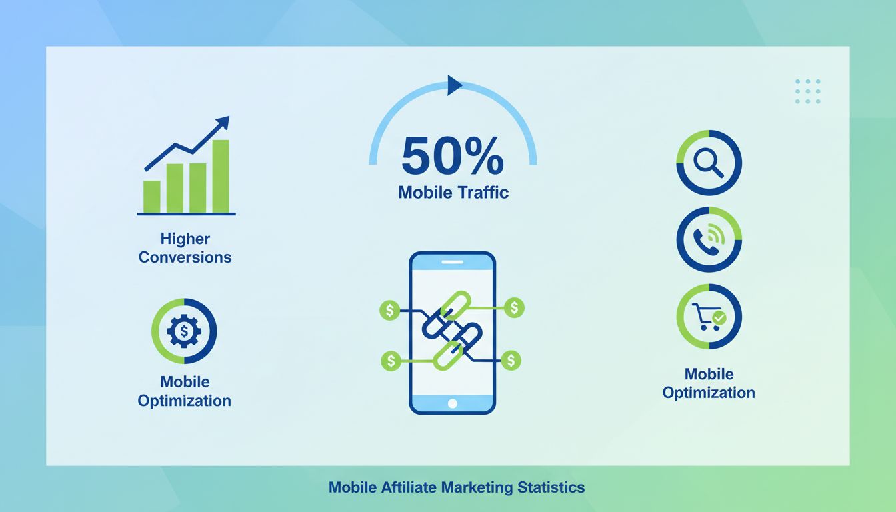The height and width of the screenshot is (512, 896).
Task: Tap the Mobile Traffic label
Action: click(453, 193)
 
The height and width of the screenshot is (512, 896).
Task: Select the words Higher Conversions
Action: click(185, 248)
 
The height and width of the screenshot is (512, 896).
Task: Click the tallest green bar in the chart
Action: click(221, 176)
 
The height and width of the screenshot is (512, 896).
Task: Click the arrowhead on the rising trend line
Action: click(223, 122)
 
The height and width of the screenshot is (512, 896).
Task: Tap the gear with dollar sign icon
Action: click(184, 331)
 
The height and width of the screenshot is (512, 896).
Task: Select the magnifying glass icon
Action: click(709, 162)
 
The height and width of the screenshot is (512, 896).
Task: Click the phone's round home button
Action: click(453, 403)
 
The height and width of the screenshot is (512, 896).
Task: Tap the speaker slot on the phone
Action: click(453, 262)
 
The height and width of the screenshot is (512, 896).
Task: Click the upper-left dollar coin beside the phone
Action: click(389, 309)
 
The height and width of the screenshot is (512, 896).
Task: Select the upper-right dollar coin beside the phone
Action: click(515, 307)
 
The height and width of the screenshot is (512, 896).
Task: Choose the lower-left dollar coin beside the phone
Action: click(391, 361)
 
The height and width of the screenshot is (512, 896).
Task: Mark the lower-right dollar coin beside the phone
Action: click(511, 361)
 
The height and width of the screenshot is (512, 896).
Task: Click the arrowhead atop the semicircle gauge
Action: click(455, 85)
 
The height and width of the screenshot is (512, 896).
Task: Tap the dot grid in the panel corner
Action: click(808, 91)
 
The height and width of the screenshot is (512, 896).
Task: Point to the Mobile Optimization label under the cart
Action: click(709, 383)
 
